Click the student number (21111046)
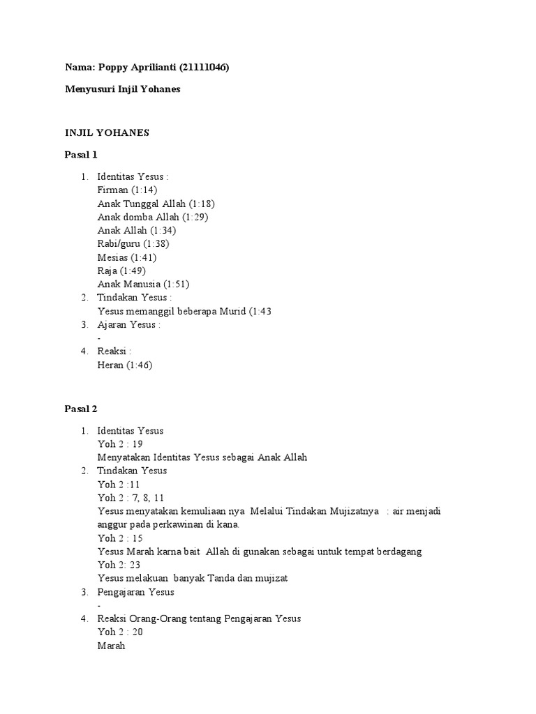coord(204,68)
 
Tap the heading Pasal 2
coord(82,409)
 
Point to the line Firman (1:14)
coord(128,190)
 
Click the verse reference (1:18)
coord(201,204)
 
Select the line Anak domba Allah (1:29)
coord(153,217)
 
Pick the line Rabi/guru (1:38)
coord(133,243)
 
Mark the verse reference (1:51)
coord(176,284)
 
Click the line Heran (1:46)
coord(125,365)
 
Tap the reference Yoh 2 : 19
coord(120,444)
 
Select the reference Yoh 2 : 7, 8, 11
coord(131,498)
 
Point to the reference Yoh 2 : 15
coord(120,538)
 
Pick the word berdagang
coord(397,552)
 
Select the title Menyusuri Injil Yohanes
coord(122,89)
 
